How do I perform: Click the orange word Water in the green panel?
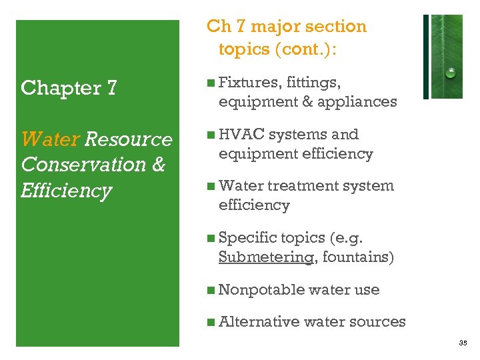[50, 139]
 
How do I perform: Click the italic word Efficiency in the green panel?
[67, 191]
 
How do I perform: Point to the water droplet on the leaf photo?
[451, 72]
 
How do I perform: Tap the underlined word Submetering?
[266, 257]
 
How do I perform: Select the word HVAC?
[241, 134]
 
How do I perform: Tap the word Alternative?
[259, 321]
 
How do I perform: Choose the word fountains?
[357, 257]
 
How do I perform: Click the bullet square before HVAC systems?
[211, 135]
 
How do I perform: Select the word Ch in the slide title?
[218, 27]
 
